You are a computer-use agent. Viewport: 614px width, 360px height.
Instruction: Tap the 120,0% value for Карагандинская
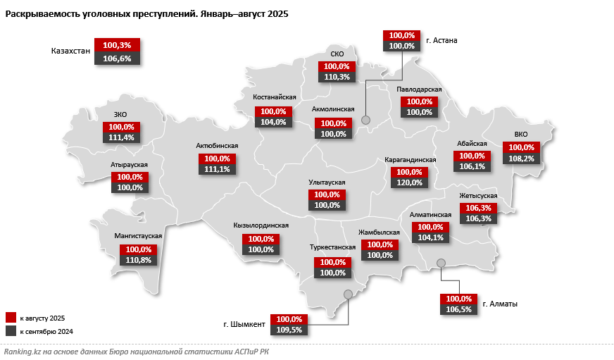pyautogui.click(x=410, y=183)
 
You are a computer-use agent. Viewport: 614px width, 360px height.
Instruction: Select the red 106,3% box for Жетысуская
pyautogui.click(x=479, y=208)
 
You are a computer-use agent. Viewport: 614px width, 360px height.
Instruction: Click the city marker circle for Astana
pyautogui.click(x=365, y=120)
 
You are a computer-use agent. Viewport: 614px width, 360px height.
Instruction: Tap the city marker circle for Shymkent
pyautogui.click(x=347, y=294)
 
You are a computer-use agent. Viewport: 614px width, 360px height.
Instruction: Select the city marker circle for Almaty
pyautogui.click(x=441, y=263)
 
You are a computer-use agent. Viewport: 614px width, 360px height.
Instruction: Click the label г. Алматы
pyautogui.click(x=501, y=304)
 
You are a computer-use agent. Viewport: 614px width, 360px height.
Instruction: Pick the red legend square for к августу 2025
pyautogui.click(x=11, y=317)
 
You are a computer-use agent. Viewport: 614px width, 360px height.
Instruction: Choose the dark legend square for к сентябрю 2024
pyautogui.click(x=11, y=331)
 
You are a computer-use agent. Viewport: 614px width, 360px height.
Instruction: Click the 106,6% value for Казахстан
pyautogui.click(x=117, y=58)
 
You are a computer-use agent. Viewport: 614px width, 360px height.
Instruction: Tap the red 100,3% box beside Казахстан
pyautogui.click(x=117, y=45)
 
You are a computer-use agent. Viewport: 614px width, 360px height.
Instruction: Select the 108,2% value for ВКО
pyautogui.click(x=522, y=159)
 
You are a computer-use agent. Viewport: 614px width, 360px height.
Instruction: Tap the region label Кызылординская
pyautogui.click(x=261, y=225)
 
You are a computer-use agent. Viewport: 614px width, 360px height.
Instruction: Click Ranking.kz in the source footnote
pyautogui.click(x=23, y=351)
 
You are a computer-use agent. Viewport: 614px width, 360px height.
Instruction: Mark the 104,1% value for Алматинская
pyautogui.click(x=431, y=238)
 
